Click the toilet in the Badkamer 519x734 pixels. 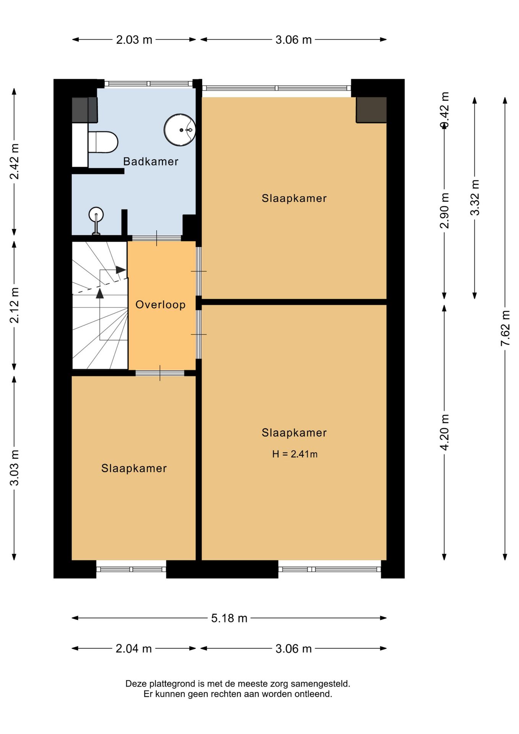tap(103, 142)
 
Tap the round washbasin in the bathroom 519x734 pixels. tap(180, 130)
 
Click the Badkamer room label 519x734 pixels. tap(151, 161)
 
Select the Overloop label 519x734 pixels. tap(161, 305)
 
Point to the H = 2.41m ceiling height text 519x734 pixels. tap(295, 454)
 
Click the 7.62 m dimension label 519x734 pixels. tap(505, 328)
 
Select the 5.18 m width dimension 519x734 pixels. tap(229, 618)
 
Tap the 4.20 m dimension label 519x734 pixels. tap(444, 432)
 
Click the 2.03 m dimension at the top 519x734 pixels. tap(134, 40)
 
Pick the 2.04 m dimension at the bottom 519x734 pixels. tap(134, 649)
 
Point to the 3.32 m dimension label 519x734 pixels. tap(475, 198)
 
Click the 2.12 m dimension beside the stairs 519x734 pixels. tap(14, 305)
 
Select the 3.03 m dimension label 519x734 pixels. tap(14, 468)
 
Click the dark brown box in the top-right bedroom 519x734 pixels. tap(371, 110)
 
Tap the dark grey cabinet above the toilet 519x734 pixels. tap(85, 110)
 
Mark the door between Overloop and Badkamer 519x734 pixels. tap(157, 238)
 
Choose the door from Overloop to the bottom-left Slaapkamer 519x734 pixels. tap(160, 373)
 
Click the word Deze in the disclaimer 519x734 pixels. tap(136, 684)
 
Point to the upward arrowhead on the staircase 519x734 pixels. tap(100, 293)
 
